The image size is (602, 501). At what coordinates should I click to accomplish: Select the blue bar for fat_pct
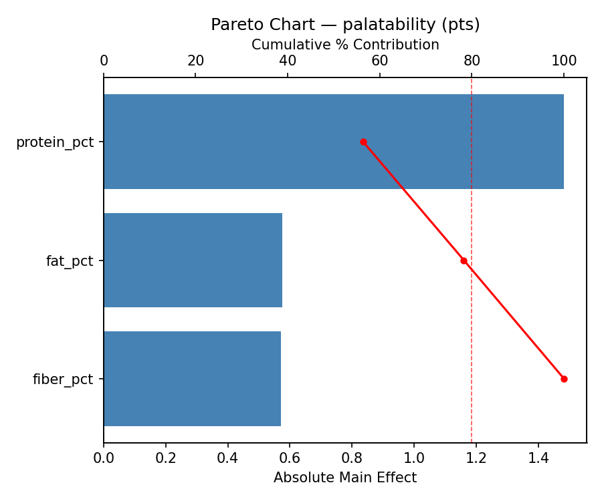click(x=193, y=261)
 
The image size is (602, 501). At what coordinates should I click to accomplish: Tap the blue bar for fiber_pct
click(x=192, y=379)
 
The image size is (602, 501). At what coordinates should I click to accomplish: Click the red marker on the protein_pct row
click(x=363, y=142)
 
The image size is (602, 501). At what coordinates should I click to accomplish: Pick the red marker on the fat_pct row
click(x=464, y=261)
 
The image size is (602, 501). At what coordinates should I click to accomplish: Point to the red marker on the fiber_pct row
click(x=564, y=379)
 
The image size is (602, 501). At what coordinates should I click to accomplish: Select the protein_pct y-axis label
click(x=55, y=142)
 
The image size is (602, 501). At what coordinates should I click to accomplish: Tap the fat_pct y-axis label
click(x=70, y=261)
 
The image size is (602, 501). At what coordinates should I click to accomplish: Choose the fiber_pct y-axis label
click(x=63, y=379)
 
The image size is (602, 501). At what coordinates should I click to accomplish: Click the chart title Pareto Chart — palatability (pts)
click(x=345, y=25)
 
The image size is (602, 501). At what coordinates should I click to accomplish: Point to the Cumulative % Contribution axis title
click(x=345, y=45)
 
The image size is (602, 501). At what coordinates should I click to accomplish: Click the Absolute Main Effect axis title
click(x=345, y=478)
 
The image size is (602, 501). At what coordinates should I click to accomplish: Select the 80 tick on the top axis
click(x=472, y=61)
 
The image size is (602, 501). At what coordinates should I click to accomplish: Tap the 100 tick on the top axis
click(x=564, y=61)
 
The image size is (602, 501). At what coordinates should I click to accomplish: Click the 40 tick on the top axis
click(x=288, y=61)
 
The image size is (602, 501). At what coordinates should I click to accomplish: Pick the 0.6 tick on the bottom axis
click(x=290, y=458)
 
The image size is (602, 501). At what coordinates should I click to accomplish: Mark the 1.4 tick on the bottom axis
click(x=538, y=458)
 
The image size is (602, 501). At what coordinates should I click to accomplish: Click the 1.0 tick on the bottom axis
click(x=414, y=458)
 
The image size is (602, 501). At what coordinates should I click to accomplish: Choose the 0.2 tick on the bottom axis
click(x=166, y=458)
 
